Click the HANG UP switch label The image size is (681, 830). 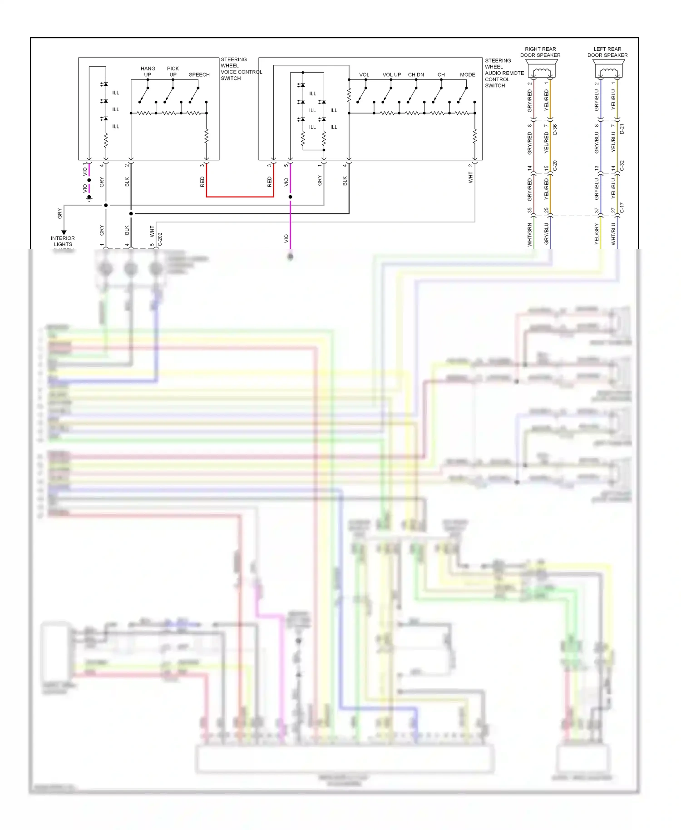click(148, 72)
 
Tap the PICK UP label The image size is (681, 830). click(173, 72)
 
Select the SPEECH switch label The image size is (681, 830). click(199, 75)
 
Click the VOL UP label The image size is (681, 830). click(391, 75)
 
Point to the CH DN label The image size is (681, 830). click(416, 75)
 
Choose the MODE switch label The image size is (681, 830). click(467, 75)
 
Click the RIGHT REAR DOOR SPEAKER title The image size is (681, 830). click(540, 52)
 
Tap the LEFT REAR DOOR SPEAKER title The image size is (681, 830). click(607, 52)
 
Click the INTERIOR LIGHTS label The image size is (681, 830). click(63, 241)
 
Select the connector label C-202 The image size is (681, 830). click(160, 240)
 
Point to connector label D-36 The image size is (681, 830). click(555, 129)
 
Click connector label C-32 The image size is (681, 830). click(622, 166)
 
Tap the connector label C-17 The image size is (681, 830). click(622, 207)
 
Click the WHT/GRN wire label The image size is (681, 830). click(529, 235)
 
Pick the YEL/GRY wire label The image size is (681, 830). click(597, 235)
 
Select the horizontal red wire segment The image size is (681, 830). click(240, 197)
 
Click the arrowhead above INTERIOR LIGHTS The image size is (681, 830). click(64, 232)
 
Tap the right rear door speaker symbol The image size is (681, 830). click(541, 71)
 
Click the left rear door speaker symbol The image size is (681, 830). click(608, 71)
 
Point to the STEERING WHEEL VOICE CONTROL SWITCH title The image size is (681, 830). click(241, 69)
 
